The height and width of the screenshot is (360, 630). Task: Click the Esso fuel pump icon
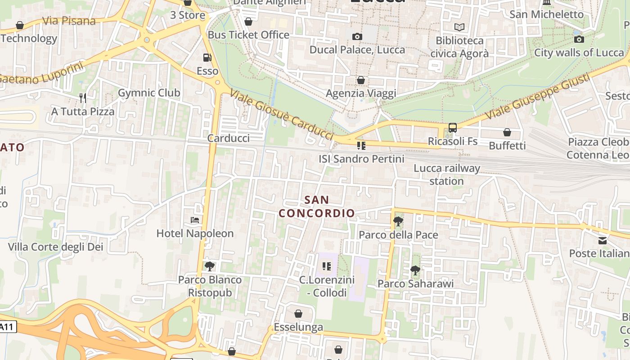[207, 58]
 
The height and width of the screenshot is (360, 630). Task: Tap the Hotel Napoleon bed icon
[195, 220]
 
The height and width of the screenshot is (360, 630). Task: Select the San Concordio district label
[317, 206]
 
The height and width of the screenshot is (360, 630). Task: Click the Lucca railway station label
[446, 175]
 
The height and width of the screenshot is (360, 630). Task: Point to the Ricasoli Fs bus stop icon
[452, 128]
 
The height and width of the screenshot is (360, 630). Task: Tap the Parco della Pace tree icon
[398, 221]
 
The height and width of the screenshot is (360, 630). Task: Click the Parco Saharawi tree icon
[415, 270]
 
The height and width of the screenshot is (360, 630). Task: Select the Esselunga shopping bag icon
[298, 314]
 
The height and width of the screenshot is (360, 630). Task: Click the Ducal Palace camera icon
[357, 36]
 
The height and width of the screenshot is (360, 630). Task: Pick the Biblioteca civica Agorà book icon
[459, 27]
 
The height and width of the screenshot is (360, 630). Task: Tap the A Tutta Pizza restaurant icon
[82, 98]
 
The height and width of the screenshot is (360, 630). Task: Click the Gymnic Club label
[149, 93]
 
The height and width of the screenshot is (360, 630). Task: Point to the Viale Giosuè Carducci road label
[282, 114]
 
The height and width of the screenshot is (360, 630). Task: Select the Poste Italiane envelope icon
[602, 240]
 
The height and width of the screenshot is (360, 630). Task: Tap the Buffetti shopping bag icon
[507, 132]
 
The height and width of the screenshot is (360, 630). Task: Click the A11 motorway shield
[8, 327]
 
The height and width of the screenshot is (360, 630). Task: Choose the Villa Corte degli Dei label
[56, 247]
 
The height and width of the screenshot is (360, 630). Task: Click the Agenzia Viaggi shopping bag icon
[360, 80]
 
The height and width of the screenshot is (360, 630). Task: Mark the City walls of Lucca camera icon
[579, 39]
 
